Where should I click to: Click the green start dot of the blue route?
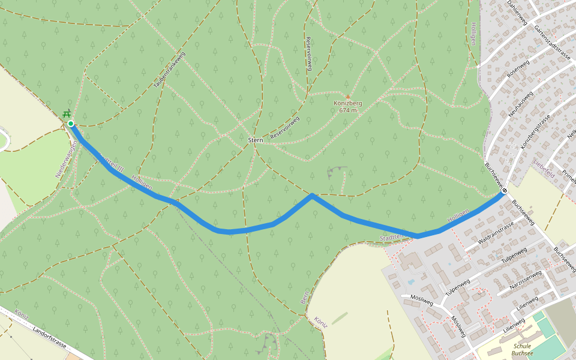click(x=71, y=124)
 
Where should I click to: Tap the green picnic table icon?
click(x=67, y=113)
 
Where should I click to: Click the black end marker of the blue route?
click(x=505, y=191)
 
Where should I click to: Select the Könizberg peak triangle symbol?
click(x=347, y=96)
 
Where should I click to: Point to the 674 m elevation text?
click(x=348, y=110)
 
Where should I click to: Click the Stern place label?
click(x=256, y=139)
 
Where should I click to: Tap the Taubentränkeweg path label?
click(x=170, y=70)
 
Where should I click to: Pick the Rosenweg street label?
click(x=517, y=71)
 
